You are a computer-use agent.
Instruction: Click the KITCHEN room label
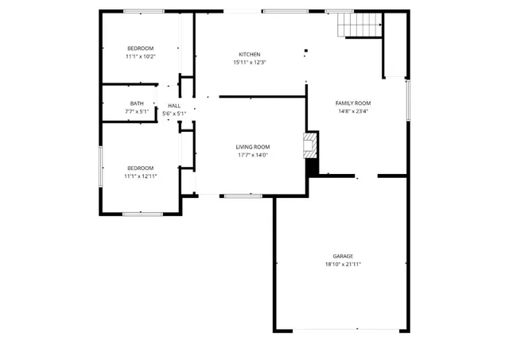(250, 54)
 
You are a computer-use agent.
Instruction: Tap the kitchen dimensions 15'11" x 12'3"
(250, 62)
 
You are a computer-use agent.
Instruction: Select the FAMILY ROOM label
(352, 103)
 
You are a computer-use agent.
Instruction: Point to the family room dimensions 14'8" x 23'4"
(352, 111)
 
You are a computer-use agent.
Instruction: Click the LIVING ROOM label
(252, 147)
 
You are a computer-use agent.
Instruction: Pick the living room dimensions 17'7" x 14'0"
(252, 155)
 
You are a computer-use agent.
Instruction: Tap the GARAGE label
(343, 256)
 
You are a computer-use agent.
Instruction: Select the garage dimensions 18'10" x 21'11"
(343, 264)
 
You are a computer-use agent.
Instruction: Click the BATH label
(137, 103)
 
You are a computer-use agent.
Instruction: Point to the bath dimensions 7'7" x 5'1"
(137, 111)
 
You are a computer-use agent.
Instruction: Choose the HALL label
(174, 106)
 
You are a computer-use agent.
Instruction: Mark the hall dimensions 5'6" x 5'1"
(174, 114)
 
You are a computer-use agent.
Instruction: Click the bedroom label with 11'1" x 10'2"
(140, 48)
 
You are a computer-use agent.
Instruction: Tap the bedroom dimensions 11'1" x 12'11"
(140, 176)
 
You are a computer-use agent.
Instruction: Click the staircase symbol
(357, 26)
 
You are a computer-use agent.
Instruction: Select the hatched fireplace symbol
(310, 145)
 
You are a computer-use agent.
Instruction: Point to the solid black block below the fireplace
(312, 168)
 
